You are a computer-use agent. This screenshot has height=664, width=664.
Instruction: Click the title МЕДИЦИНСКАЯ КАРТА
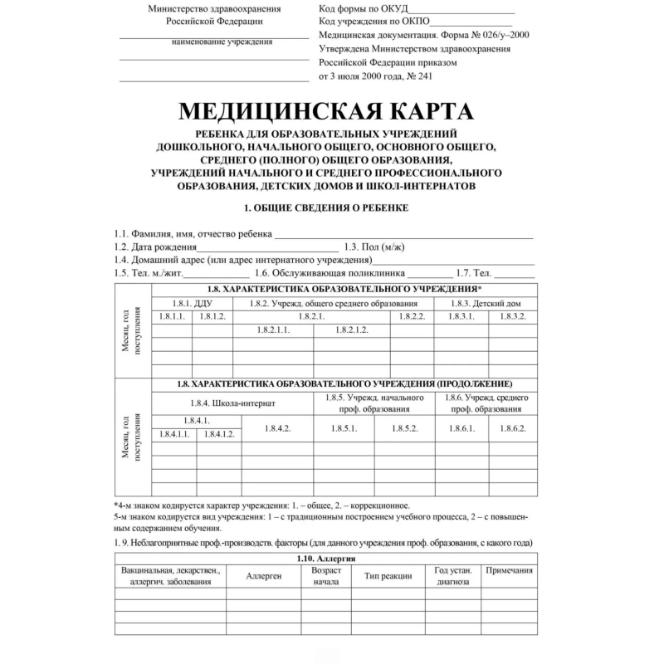pos(325,112)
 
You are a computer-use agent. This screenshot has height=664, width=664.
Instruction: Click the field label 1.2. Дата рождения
pos(155,247)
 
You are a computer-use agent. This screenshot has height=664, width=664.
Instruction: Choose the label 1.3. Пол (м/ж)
pos(374,247)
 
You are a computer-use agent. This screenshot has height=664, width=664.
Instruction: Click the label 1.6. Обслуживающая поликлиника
pos(330,272)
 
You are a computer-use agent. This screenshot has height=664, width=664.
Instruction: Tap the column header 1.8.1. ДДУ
pos(192,303)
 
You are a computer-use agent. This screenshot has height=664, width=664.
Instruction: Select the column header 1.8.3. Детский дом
pos(488,303)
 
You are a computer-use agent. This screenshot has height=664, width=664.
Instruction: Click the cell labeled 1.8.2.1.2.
pos(352,330)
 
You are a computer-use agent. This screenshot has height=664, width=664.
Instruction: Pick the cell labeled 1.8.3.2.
pos(512,317)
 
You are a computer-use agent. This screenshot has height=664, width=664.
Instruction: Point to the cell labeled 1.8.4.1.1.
pos(174,434)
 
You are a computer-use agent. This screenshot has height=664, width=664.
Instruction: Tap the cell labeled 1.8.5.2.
pos(404,427)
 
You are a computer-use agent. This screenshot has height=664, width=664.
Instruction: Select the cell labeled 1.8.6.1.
pos(461,427)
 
